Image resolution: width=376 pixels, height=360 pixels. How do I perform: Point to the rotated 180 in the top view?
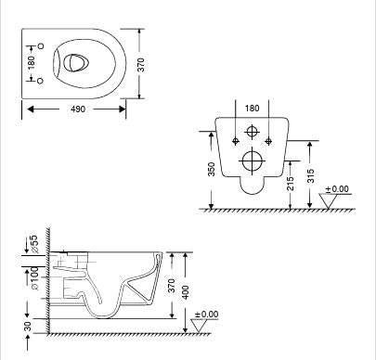pos(32,62)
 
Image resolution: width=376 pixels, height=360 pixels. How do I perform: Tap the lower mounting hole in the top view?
pos(42,81)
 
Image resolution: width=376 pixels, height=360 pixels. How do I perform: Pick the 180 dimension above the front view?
pos(251,109)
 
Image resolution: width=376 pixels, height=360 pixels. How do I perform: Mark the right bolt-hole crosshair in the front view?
pos(268,141)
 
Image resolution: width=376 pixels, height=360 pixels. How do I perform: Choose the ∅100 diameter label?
pos(34,277)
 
